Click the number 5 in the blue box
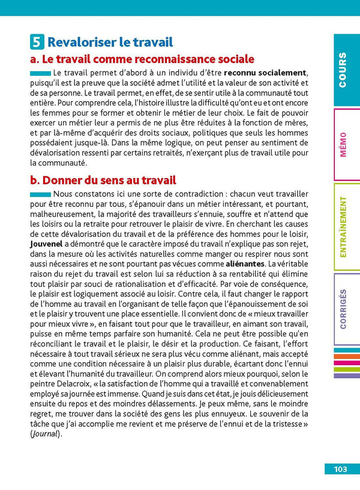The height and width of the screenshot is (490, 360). click(x=37, y=42)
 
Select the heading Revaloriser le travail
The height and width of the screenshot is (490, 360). click(x=110, y=42)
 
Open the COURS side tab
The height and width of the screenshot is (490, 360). click(x=343, y=70)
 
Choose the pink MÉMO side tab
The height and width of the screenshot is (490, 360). click(x=343, y=145)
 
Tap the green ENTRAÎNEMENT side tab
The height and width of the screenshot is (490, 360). click(x=343, y=227)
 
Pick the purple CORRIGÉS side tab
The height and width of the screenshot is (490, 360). click(x=343, y=309)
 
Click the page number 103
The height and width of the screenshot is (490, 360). click(x=341, y=469)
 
